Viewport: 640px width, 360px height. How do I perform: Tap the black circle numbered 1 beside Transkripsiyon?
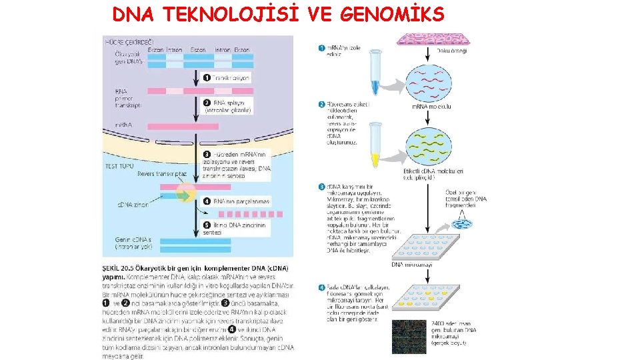click(207, 78)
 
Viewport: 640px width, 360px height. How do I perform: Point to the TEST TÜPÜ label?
click(120, 165)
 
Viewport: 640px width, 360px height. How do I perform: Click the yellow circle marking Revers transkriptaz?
click(185, 194)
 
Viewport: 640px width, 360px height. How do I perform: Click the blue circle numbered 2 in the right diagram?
click(322, 104)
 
